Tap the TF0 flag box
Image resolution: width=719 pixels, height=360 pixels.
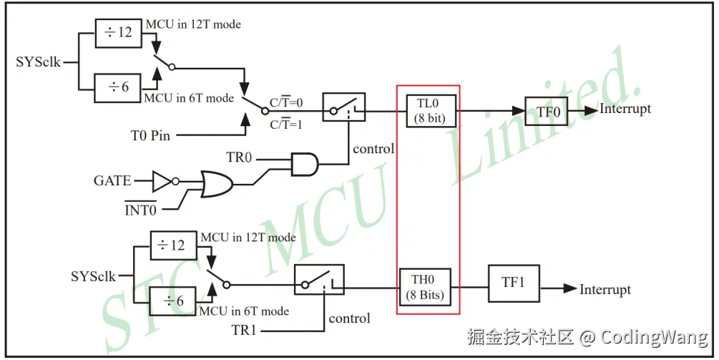pyautogui.click(x=547, y=111)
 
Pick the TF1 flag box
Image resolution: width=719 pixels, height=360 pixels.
pyautogui.click(x=514, y=282)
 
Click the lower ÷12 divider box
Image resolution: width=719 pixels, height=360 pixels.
pyautogui.click(x=171, y=245)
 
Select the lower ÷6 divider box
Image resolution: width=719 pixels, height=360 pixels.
pyautogui.click(x=171, y=301)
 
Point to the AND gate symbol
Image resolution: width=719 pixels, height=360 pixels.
pyautogui.click(x=304, y=163)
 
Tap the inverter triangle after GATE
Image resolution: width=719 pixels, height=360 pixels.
pyautogui.click(x=162, y=180)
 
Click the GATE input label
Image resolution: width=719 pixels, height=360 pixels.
pyautogui.click(x=113, y=181)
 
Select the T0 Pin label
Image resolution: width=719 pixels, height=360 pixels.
pyautogui.click(x=150, y=135)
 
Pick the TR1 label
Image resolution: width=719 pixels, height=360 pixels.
pyautogui.click(x=243, y=331)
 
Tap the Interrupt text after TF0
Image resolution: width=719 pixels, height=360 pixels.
pyautogui.click(x=625, y=109)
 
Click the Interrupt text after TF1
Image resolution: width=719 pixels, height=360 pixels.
pyautogui.click(x=605, y=290)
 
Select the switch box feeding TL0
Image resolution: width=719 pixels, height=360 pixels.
pyautogui.click(x=343, y=107)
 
